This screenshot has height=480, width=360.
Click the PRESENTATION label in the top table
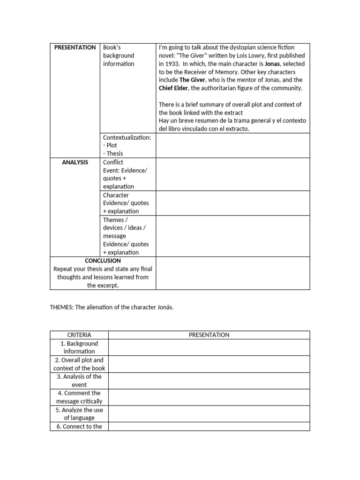tap(75, 47)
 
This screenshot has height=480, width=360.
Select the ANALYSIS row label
tap(75, 162)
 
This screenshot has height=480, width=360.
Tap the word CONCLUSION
tap(103, 261)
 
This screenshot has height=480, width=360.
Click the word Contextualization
tap(127, 137)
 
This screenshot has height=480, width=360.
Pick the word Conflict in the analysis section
tap(113, 162)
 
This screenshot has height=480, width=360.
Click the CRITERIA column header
tap(79, 335)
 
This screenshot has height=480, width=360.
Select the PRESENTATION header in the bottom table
tap(209, 335)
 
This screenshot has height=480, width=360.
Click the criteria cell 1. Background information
tap(79, 347)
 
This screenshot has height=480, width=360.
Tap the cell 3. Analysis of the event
tap(79, 381)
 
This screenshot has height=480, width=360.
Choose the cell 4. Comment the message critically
tap(79, 397)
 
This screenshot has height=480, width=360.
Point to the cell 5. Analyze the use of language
tap(79, 414)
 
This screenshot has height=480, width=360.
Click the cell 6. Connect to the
tap(79, 427)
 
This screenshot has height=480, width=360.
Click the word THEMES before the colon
tap(61, 307)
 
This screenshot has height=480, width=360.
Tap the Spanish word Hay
tap(164, 121)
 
